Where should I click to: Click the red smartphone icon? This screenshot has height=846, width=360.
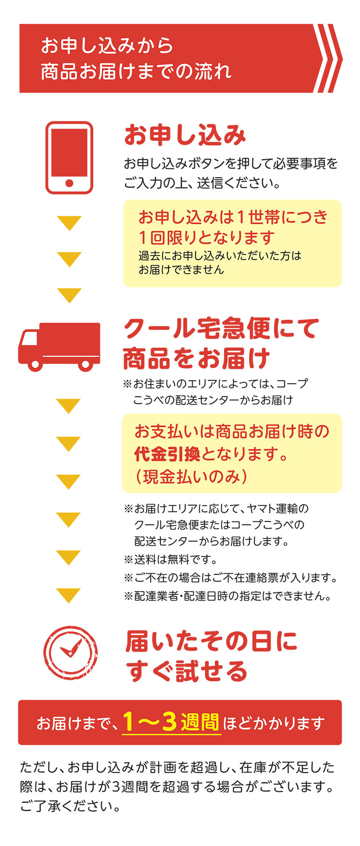pos(69,157)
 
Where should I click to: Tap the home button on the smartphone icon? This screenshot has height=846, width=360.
pos(69,183)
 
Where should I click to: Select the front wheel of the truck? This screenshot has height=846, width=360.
pos(35,364)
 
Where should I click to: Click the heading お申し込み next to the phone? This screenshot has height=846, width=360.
pos(185,135)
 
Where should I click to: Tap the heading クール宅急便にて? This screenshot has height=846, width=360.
pos(221,329)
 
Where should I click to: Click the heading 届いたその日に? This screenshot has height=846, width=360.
pos(212,641)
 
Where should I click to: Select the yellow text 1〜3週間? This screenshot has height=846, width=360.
pos(171,722)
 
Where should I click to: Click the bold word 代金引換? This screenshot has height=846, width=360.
pos(167,454)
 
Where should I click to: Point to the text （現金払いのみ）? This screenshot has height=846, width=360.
pos(191,476)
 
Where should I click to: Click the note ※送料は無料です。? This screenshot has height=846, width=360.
pos(171,559)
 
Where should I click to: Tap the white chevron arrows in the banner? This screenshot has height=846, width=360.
pos(328,58)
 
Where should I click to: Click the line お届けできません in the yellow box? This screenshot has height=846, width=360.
pos(181,270)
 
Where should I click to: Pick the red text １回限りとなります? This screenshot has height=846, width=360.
pos(207,237)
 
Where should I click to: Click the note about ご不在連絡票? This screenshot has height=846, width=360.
pos(231,578)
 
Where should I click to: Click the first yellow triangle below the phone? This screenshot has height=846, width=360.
pos(69,223)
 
